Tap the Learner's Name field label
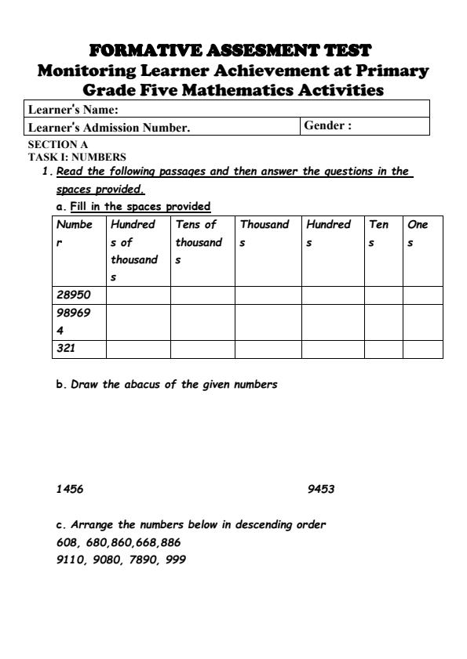[72, 109]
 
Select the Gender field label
[327, 126]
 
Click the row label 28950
[74, 295]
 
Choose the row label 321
[66, 349]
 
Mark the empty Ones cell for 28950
[422, 295]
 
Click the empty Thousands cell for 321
[268, 349]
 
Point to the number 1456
[70, 490]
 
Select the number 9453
[322, 490]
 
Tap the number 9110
[70, 560]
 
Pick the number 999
[177, 560]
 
